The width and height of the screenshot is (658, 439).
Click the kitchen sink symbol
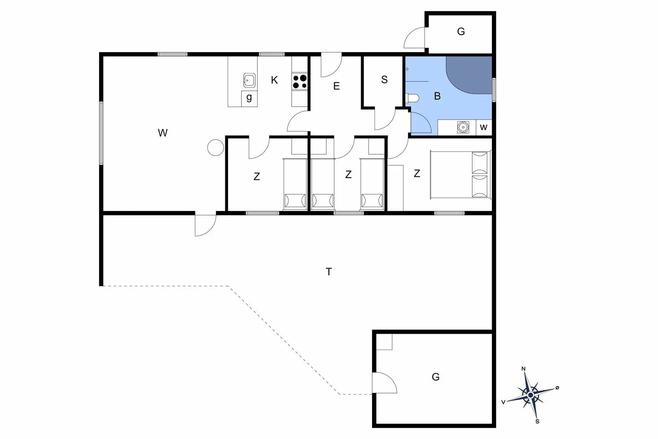249,80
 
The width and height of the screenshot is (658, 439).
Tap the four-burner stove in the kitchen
300,82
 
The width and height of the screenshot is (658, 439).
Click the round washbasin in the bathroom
463,127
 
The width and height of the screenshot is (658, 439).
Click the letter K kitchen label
274,80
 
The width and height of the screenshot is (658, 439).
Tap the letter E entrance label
337,86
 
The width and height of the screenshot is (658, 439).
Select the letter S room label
384,80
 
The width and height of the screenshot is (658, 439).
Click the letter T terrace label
329,272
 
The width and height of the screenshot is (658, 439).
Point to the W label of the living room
163,133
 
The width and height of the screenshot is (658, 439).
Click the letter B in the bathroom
437,96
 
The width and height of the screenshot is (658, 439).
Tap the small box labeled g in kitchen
249,99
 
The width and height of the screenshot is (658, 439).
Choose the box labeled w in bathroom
484,128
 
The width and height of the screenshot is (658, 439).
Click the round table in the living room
216,147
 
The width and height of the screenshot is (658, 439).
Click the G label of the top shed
461,32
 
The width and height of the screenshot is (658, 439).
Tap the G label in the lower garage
436,377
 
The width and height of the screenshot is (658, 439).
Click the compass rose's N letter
523,369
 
